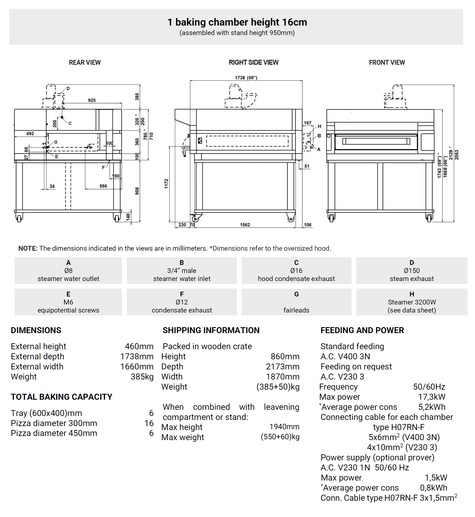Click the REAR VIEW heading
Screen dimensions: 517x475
[x=85, y=62]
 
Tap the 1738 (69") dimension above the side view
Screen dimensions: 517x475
[x=246, y=78]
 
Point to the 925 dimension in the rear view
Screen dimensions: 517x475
[x=92, y=100]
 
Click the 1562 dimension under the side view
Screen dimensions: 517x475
[x=245, y=225]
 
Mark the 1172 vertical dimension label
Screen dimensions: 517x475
[x=166, y=184]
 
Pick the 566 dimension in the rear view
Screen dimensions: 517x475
[x=103, y=186]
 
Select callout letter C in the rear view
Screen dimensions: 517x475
[x=70, y=123]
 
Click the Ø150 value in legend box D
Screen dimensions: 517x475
[x=412, y=271]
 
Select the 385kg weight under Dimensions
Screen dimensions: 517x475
[x=142, y=376]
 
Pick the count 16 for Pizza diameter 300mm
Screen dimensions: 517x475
[x=149, y=423]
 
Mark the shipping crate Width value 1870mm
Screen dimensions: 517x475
[x=282, y=376]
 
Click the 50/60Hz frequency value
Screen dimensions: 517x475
[x=429, y=387]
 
